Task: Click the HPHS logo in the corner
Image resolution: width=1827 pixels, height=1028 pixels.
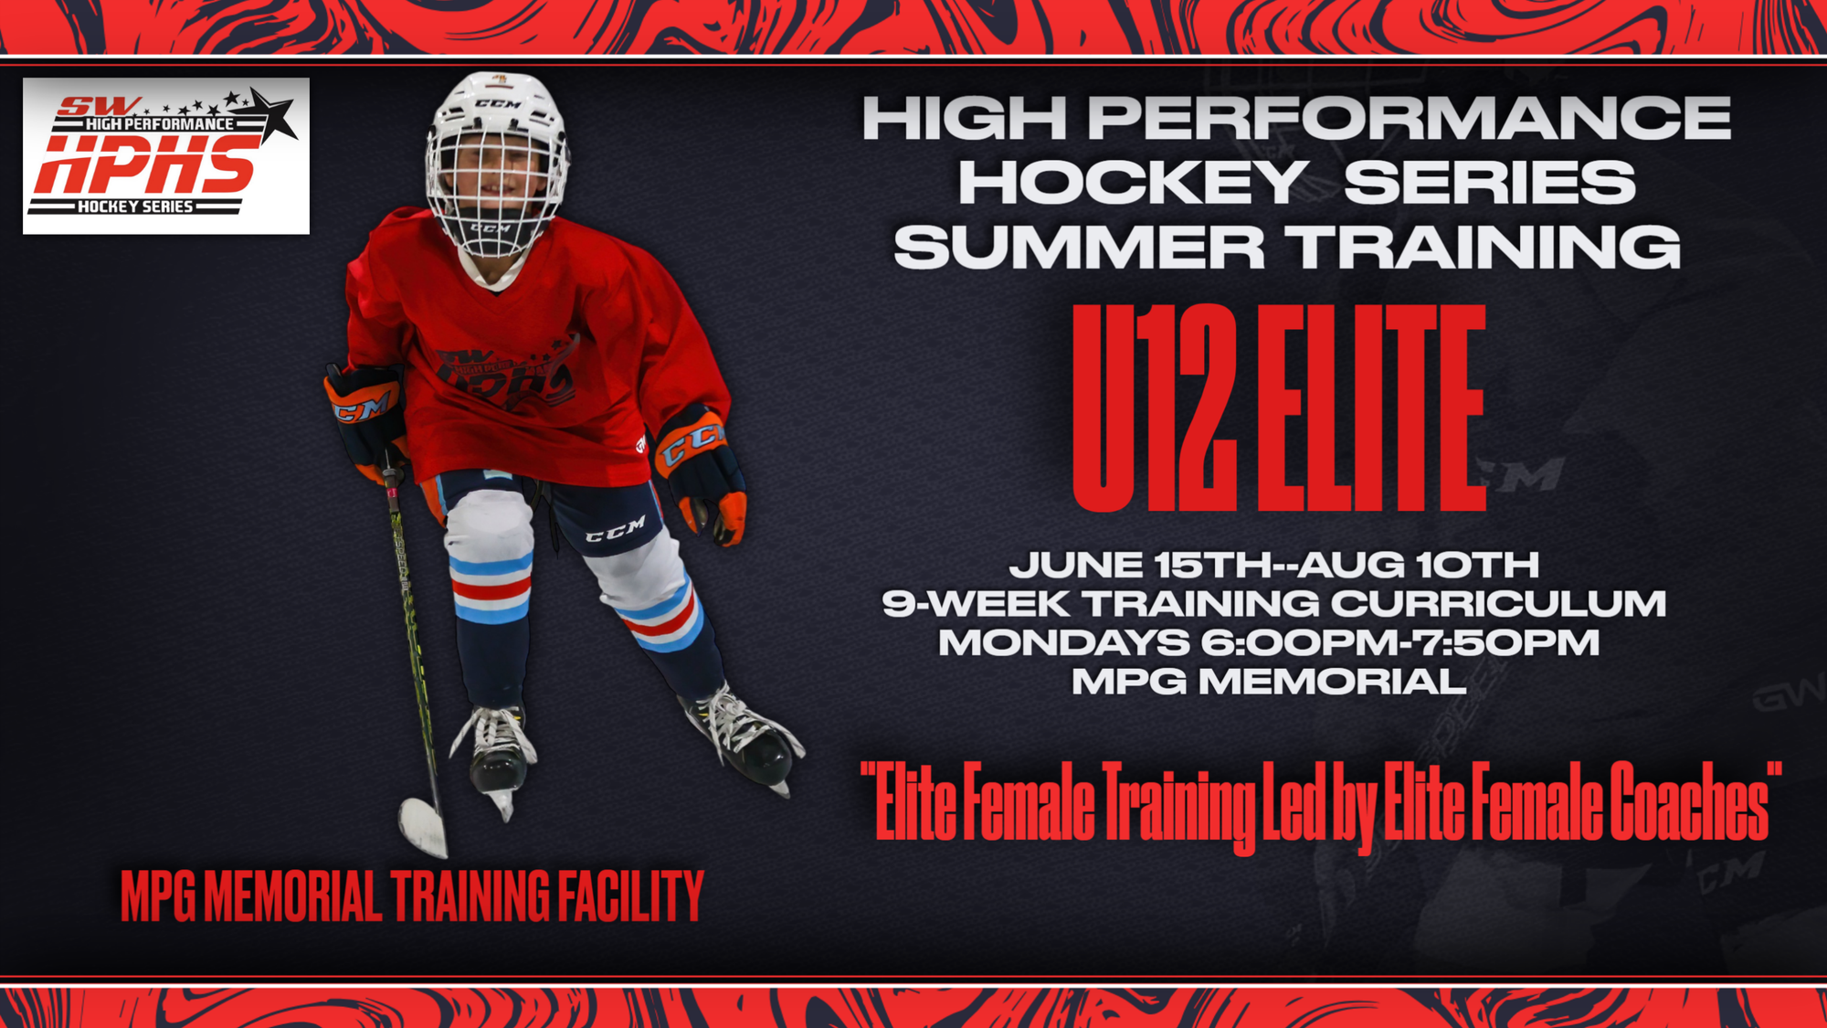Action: (166, 155)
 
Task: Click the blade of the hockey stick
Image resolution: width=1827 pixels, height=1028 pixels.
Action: (423, 827)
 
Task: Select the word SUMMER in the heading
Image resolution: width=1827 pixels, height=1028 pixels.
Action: (1079, 247)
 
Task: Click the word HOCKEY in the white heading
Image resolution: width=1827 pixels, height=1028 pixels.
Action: (1132, 182)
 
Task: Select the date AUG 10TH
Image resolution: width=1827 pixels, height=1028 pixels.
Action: (1419, 564)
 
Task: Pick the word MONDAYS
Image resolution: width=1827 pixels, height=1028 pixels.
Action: (1064, 642)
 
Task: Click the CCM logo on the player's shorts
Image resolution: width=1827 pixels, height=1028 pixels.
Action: (616, 529)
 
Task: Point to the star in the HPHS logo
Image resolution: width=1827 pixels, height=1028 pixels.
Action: (273, 115)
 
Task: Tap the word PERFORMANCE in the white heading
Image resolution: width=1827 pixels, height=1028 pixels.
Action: (1410, 118)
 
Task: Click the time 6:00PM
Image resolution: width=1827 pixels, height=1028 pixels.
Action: (1299, 642)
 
